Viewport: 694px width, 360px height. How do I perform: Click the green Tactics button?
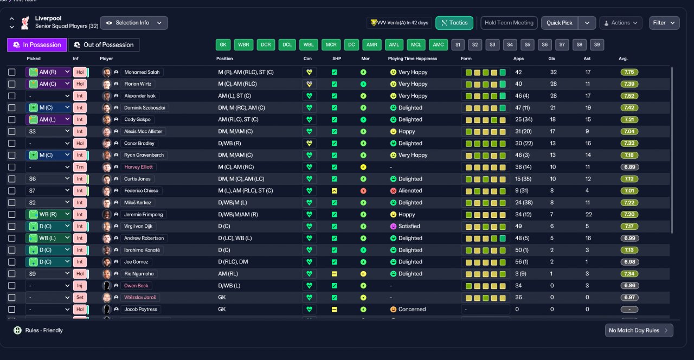(x=454, y=23)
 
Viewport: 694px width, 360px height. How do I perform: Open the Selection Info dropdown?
(x=134, y=23)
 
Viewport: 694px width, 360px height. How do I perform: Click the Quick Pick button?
(x=559, y=23)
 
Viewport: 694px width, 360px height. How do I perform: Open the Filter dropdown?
(x=664, y=23)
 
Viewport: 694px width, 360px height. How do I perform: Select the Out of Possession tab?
(x=104, y=45)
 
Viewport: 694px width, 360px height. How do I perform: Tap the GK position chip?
(x=223, y=44)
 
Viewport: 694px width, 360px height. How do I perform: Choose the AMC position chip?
(x=438, y=44)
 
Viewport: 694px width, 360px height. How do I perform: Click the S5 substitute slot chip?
(x=528, y=44)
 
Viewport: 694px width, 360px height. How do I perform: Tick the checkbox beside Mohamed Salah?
(x=12, y=72)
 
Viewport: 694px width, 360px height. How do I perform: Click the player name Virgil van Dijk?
(x=138, y=226)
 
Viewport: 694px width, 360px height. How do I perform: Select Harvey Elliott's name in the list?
(x=138, y=167)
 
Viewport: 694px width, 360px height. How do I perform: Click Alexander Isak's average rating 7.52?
(x=629, y=96)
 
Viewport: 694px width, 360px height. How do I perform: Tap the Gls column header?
(x=551, y=59)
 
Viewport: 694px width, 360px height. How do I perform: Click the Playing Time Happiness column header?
(x=413, y=59)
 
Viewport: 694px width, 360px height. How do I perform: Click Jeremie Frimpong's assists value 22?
(x=589, y=214)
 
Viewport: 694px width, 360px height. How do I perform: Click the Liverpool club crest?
(x=25, y=23)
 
